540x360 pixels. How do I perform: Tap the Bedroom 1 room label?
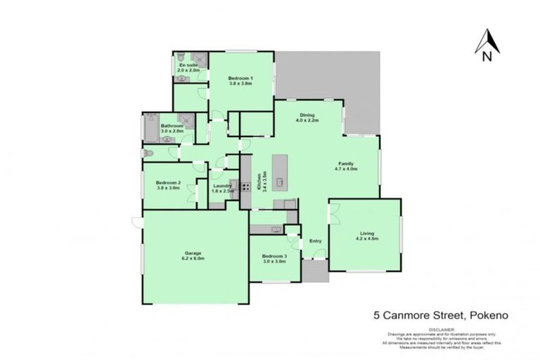click(x=240, y=80)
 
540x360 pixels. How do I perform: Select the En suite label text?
click(x=188, y=67)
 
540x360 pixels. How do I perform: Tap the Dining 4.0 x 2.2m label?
click(x=307, y=117)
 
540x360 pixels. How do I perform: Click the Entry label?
click(x=315, y=241)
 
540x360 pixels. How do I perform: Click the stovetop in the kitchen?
click(x=246, y=186)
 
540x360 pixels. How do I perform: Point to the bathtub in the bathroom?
click(x=150, y=129)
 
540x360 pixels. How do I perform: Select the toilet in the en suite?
click(x=181, y=57)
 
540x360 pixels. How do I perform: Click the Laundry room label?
click(x=222, y=188)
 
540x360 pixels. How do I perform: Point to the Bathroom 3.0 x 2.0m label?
click(x=172, y=129)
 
